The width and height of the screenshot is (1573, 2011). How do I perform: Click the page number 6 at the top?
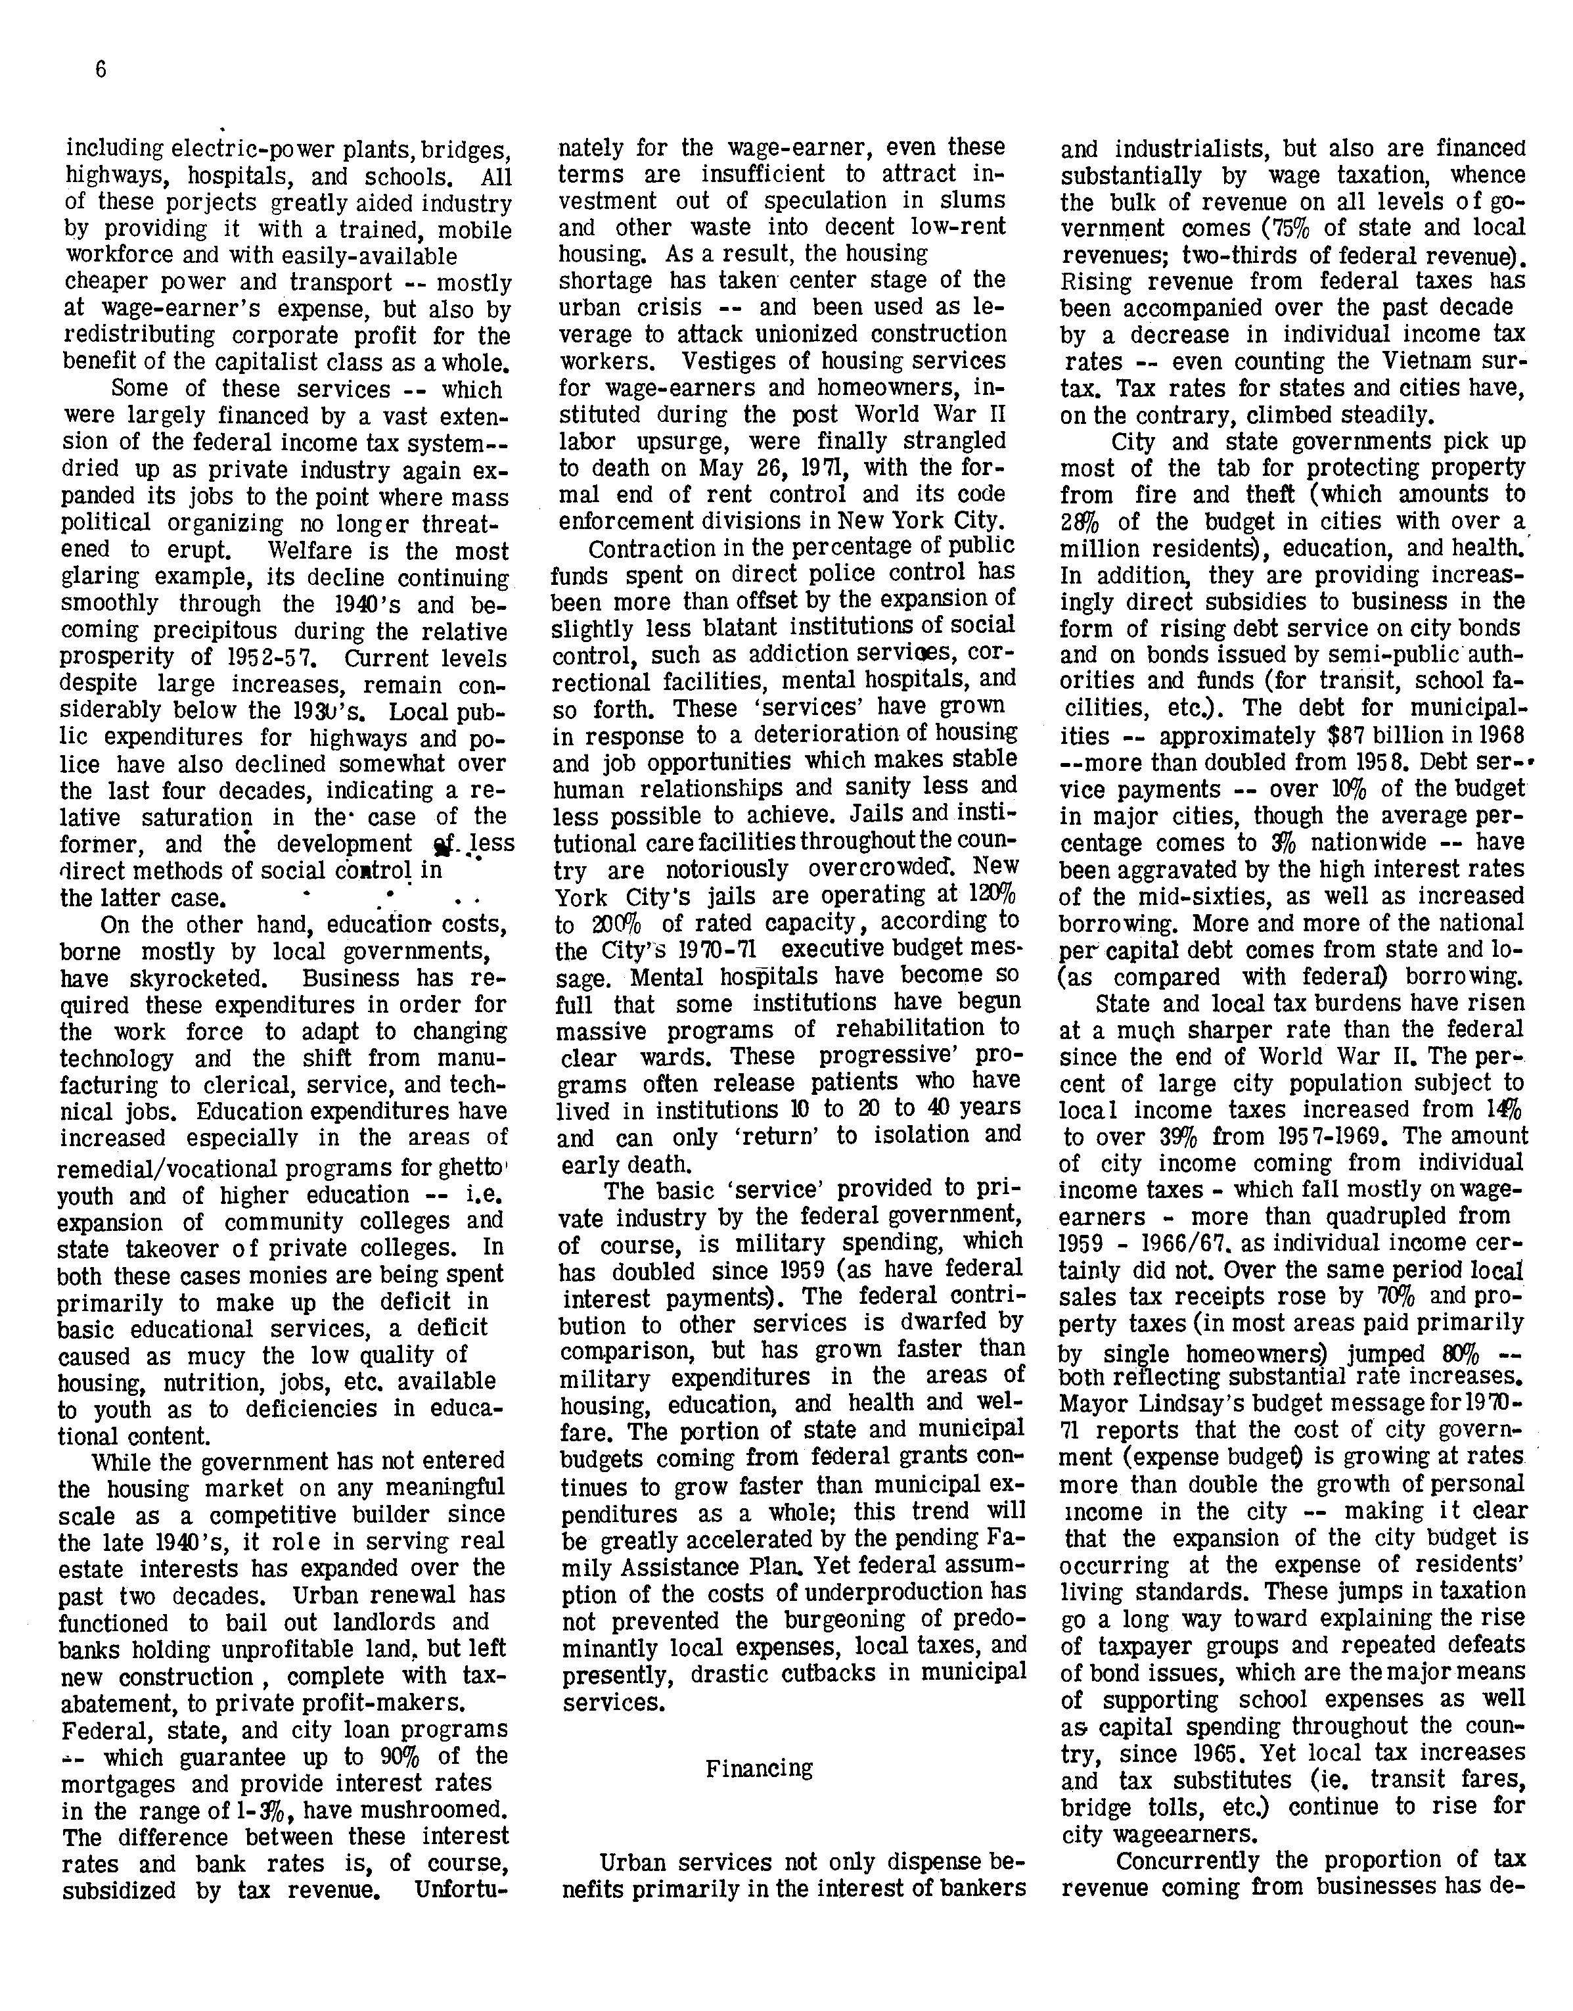(x=101, y=71)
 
